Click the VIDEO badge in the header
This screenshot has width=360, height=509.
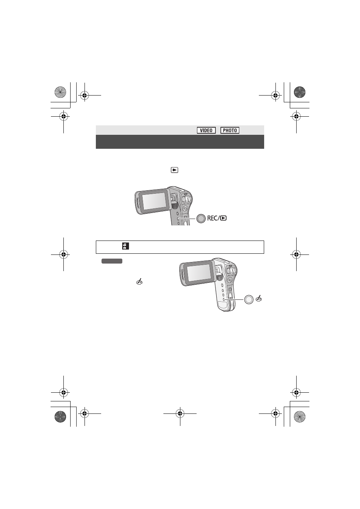click(x=206, y=130)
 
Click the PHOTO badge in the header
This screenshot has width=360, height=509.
click(x=230, y=130)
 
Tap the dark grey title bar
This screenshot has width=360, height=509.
click(x=180, y=142)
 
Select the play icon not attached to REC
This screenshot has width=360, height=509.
click(x=174, y=170)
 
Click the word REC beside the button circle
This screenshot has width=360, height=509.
click(x=212, y=218)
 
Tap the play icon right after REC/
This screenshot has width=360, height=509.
click(x=223, y=218)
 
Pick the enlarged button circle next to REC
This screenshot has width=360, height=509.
click(x=201, y=218)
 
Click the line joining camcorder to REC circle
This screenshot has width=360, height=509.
click(x=187, y=219)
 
